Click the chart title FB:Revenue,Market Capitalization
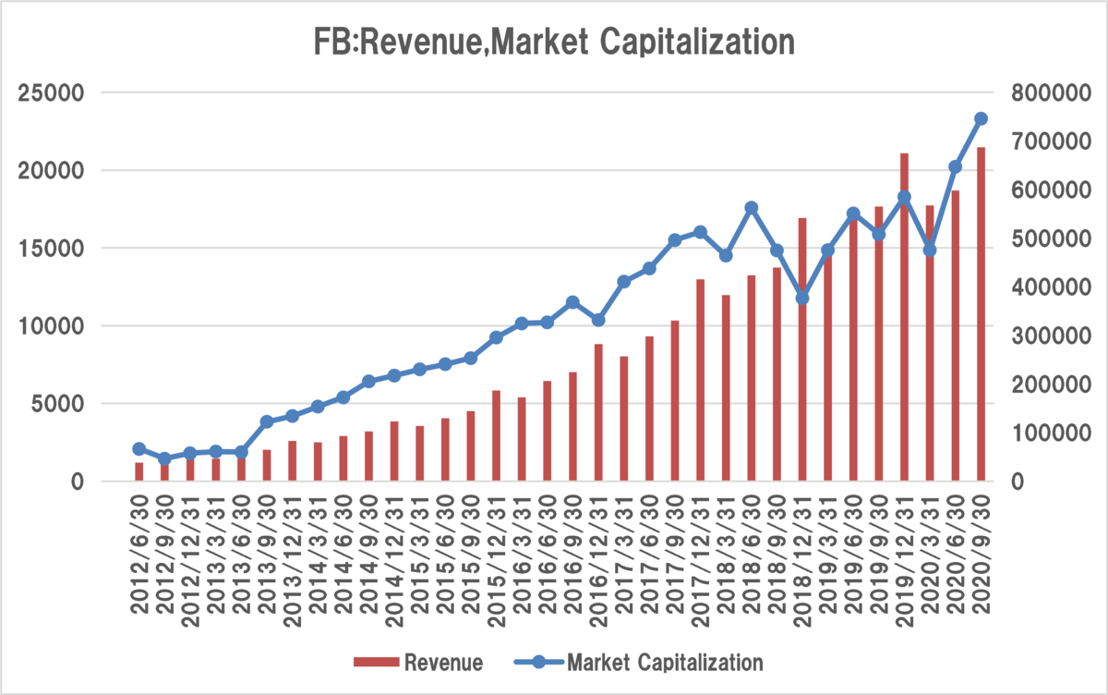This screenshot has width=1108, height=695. pos(554,43)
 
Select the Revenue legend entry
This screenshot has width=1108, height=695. pos(418,663)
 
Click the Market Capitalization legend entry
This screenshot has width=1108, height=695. pos(639,663)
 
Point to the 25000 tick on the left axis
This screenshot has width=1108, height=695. pos(51,93)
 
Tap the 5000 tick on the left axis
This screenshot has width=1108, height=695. pos(57,404)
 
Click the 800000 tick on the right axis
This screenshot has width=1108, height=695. pos(1051,93)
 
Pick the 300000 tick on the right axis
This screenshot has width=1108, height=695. pos(1051,335)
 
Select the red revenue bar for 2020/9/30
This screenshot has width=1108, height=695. pos(981,314)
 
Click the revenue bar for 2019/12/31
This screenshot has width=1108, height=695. pos(904,317)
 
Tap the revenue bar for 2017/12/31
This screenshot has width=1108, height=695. pos(701,380)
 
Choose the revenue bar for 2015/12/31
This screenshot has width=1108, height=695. pos(496,435)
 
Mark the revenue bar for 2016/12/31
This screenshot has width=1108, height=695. pos(598,412)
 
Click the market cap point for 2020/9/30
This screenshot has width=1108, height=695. pos(981,119)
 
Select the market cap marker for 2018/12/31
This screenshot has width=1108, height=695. pos(802,299)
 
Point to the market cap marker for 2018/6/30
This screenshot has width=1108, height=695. pos(752,208)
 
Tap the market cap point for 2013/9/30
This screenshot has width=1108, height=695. pos(267,421)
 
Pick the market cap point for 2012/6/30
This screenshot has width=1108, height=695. pos(139,449)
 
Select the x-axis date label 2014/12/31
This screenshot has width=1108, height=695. pos(394,561)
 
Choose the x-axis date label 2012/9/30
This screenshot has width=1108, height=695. pos(164,555)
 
